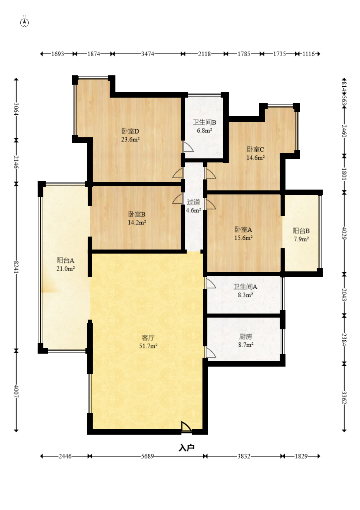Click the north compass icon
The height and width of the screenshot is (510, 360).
coord(24,23)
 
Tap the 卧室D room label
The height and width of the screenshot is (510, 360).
coord(130,131)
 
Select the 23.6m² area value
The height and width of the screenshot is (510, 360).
coord(130,139)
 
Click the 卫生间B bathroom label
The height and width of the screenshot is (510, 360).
coord(204,122)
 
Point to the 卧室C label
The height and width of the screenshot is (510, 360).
coord(256,149)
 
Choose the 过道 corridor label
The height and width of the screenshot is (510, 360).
coord(194,202)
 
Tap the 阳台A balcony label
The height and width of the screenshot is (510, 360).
coord(66,260)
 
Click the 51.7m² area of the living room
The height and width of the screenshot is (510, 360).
coord(148,346)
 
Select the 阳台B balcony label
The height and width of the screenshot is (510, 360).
coord(301,230)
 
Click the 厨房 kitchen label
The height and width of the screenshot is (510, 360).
coord(245,336)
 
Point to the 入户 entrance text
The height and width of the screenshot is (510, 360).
coord(187,448)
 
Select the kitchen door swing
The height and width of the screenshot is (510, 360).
coord(211,352)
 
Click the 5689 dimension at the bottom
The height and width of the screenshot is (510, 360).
coord(147,456)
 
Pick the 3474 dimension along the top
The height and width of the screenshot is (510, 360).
coord(147,54)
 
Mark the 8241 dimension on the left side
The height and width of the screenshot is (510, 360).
coord(16,267)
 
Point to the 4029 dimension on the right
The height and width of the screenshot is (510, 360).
coord(344,233)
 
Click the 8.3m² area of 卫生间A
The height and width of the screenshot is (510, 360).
coord(245,295)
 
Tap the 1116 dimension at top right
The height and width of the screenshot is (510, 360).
coord(309,54)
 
